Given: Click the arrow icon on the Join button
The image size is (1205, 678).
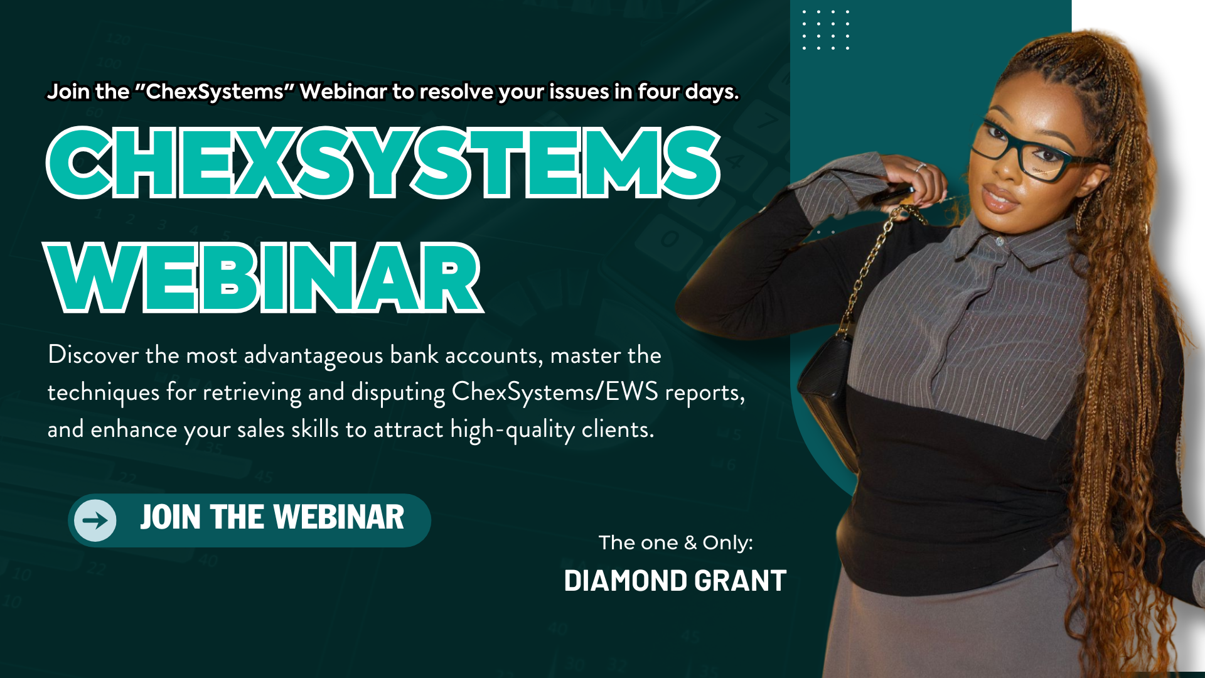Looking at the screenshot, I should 95,520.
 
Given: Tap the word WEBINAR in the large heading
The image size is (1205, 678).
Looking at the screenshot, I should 264,278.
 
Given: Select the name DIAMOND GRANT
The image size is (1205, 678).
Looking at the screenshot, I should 675,581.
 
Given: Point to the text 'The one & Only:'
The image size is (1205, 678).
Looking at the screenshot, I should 675,542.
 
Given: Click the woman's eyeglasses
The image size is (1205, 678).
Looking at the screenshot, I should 1029,151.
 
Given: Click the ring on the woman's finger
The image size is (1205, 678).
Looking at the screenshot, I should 920,167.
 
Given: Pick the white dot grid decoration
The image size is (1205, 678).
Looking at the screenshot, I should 826,30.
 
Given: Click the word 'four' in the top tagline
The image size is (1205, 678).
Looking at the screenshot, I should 658,92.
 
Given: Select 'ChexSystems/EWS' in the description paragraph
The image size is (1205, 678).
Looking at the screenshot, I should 555,392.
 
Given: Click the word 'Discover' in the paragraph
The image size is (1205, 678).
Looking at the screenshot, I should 93,355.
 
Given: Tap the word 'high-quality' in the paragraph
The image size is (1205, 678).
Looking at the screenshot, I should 512,430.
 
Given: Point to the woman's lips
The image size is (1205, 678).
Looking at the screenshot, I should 999,200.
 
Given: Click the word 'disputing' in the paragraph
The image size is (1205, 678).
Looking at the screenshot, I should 398,393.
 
